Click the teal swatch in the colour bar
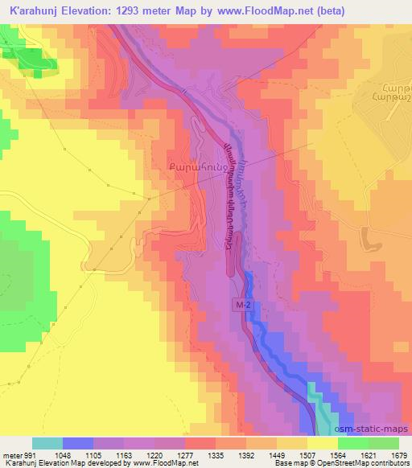tap(47, 443)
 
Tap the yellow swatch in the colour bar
tap(322, 443)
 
